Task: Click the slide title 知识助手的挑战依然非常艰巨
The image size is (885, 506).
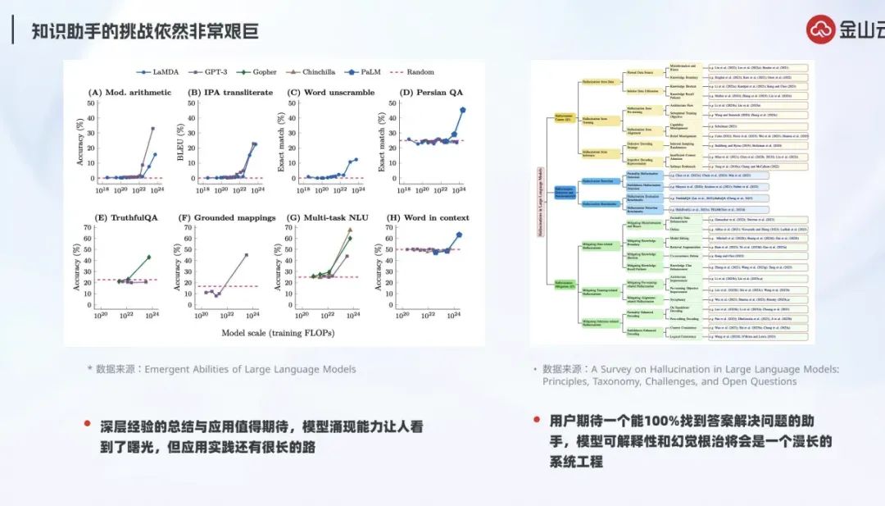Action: pos(145,32)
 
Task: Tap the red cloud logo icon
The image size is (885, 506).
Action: pos(819,30)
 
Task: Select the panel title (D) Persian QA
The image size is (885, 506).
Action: pos(431,93)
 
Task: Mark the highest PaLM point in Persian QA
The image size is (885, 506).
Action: pos(463,109)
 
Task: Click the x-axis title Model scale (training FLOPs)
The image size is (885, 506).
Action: pos(279,332)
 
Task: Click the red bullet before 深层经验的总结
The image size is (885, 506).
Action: pos(88,423)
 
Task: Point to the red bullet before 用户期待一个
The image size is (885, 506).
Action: pos(535,419)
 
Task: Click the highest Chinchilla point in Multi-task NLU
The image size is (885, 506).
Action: pos(351,231)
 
